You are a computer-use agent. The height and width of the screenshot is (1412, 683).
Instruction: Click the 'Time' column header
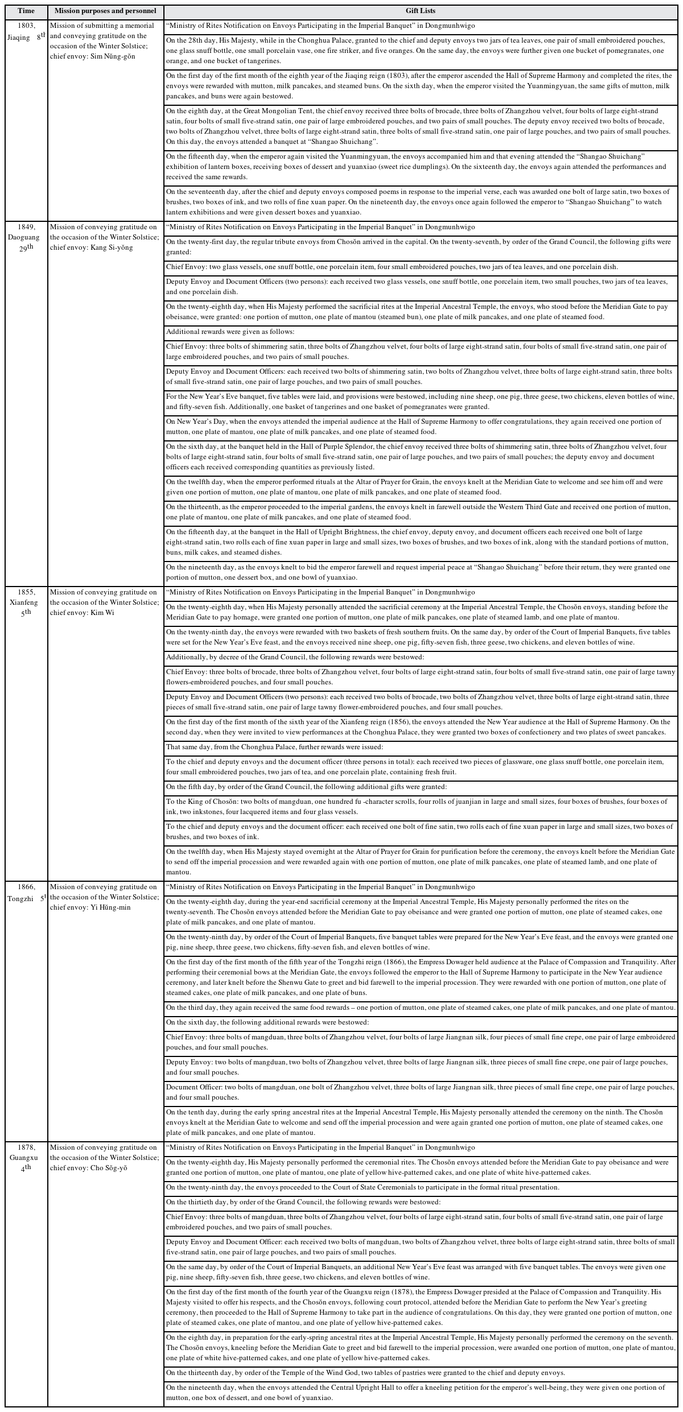click(x=26, y=11)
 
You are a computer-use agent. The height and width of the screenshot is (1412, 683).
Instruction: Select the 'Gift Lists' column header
click(x=421, y=11)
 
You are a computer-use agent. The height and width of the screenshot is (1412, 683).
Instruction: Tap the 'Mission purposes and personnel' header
click(x=106, y=11)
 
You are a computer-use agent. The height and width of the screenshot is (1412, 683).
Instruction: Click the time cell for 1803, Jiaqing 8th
click(x=26, y=31)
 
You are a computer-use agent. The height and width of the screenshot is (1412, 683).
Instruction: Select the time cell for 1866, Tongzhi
click(x=26, y=892)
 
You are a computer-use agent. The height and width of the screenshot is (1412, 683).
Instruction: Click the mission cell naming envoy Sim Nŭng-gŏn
click(x=106, y=41)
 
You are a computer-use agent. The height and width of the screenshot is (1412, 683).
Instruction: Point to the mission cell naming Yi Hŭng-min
click(x=106, y=897)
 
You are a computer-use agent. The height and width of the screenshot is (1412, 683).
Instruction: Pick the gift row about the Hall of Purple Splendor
click(x=421, y=457)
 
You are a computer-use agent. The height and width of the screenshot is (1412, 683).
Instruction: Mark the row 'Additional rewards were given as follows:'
click(x=421, y=332)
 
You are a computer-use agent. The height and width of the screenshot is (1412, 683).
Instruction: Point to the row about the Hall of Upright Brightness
click(x=421, y=542)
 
